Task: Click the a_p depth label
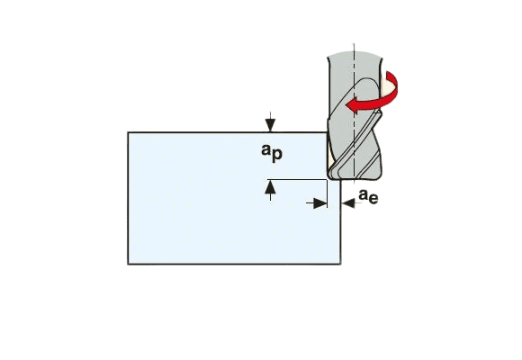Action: pos(272,153)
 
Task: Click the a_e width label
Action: pos(368,196)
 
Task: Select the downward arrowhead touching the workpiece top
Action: pos(270,126)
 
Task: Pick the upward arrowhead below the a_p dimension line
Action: pos(270,187)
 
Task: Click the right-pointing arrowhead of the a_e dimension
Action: pos(320,203)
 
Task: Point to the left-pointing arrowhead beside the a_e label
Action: pos(348,203)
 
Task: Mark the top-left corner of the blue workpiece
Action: pos(128,132)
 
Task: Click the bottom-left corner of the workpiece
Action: pos(128,264)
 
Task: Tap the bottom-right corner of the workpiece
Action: pos(340,264)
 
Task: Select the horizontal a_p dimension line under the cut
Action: pos(297,180)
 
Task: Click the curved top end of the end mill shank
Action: pos(355,55)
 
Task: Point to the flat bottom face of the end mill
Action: pos(355,179)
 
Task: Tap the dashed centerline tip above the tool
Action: pos(355,44)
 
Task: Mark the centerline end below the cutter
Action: pos(355,183)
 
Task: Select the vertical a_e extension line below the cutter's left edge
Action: pos(328,193)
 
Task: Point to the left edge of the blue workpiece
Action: pos(128,198)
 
